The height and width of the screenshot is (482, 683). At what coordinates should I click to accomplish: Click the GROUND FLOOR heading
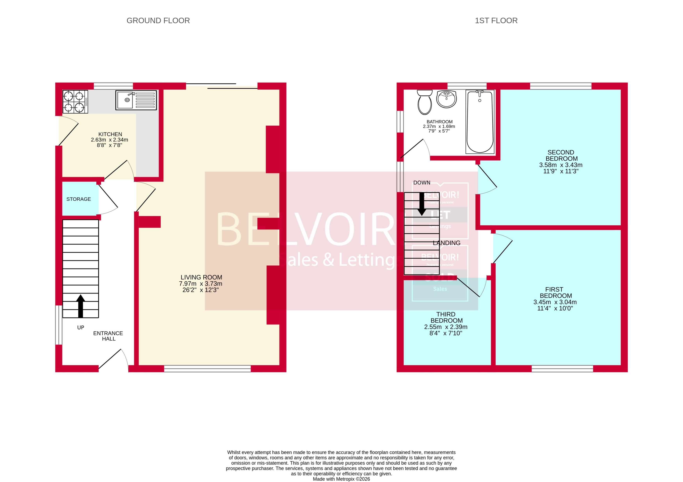point(158,20)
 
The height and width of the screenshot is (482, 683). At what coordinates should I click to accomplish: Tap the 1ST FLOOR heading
point(496,20)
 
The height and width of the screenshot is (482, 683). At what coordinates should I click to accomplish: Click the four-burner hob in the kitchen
point(75,101)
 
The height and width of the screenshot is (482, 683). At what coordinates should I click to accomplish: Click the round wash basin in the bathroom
point(446,99)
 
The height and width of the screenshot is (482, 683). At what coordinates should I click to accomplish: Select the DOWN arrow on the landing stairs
point(422,204)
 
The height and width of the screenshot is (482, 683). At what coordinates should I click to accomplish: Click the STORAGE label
point(78,199)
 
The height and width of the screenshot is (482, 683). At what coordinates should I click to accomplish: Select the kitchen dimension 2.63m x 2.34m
point(109,140)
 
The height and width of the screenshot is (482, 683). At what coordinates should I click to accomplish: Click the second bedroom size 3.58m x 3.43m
point(560,165)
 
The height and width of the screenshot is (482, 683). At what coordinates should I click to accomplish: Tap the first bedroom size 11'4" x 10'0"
point(555,308)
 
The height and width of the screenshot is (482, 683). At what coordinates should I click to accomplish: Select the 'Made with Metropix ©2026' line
point(341,479)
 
